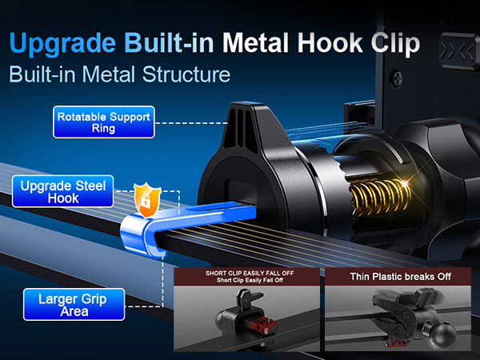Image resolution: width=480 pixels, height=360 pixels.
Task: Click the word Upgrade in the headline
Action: tap(62, 44)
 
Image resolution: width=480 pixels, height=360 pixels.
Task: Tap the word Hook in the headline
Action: tap(330, 43)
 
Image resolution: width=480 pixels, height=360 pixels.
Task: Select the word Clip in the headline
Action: tap(395, 44)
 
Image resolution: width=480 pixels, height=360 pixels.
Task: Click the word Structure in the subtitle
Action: tap(186, 74)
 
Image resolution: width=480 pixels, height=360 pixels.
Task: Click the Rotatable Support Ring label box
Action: tap(104, 122)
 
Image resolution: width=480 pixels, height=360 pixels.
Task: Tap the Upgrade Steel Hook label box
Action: tap(62, 191)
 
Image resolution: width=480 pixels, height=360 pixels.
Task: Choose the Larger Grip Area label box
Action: tap(74, 305)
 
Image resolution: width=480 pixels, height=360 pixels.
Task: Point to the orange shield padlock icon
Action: tap(147, 199)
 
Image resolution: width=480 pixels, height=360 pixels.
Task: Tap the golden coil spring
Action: tap(379, 196)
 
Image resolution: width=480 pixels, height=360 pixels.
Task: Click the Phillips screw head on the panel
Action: tap(397, 79)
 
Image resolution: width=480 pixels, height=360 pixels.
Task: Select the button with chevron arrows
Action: tap(459, 51)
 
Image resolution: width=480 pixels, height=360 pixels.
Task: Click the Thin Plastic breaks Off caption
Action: tap(401, 277)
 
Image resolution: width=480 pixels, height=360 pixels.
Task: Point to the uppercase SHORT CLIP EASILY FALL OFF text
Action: tap(250, 273)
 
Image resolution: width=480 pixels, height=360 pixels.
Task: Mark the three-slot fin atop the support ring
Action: tap(242, 127)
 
